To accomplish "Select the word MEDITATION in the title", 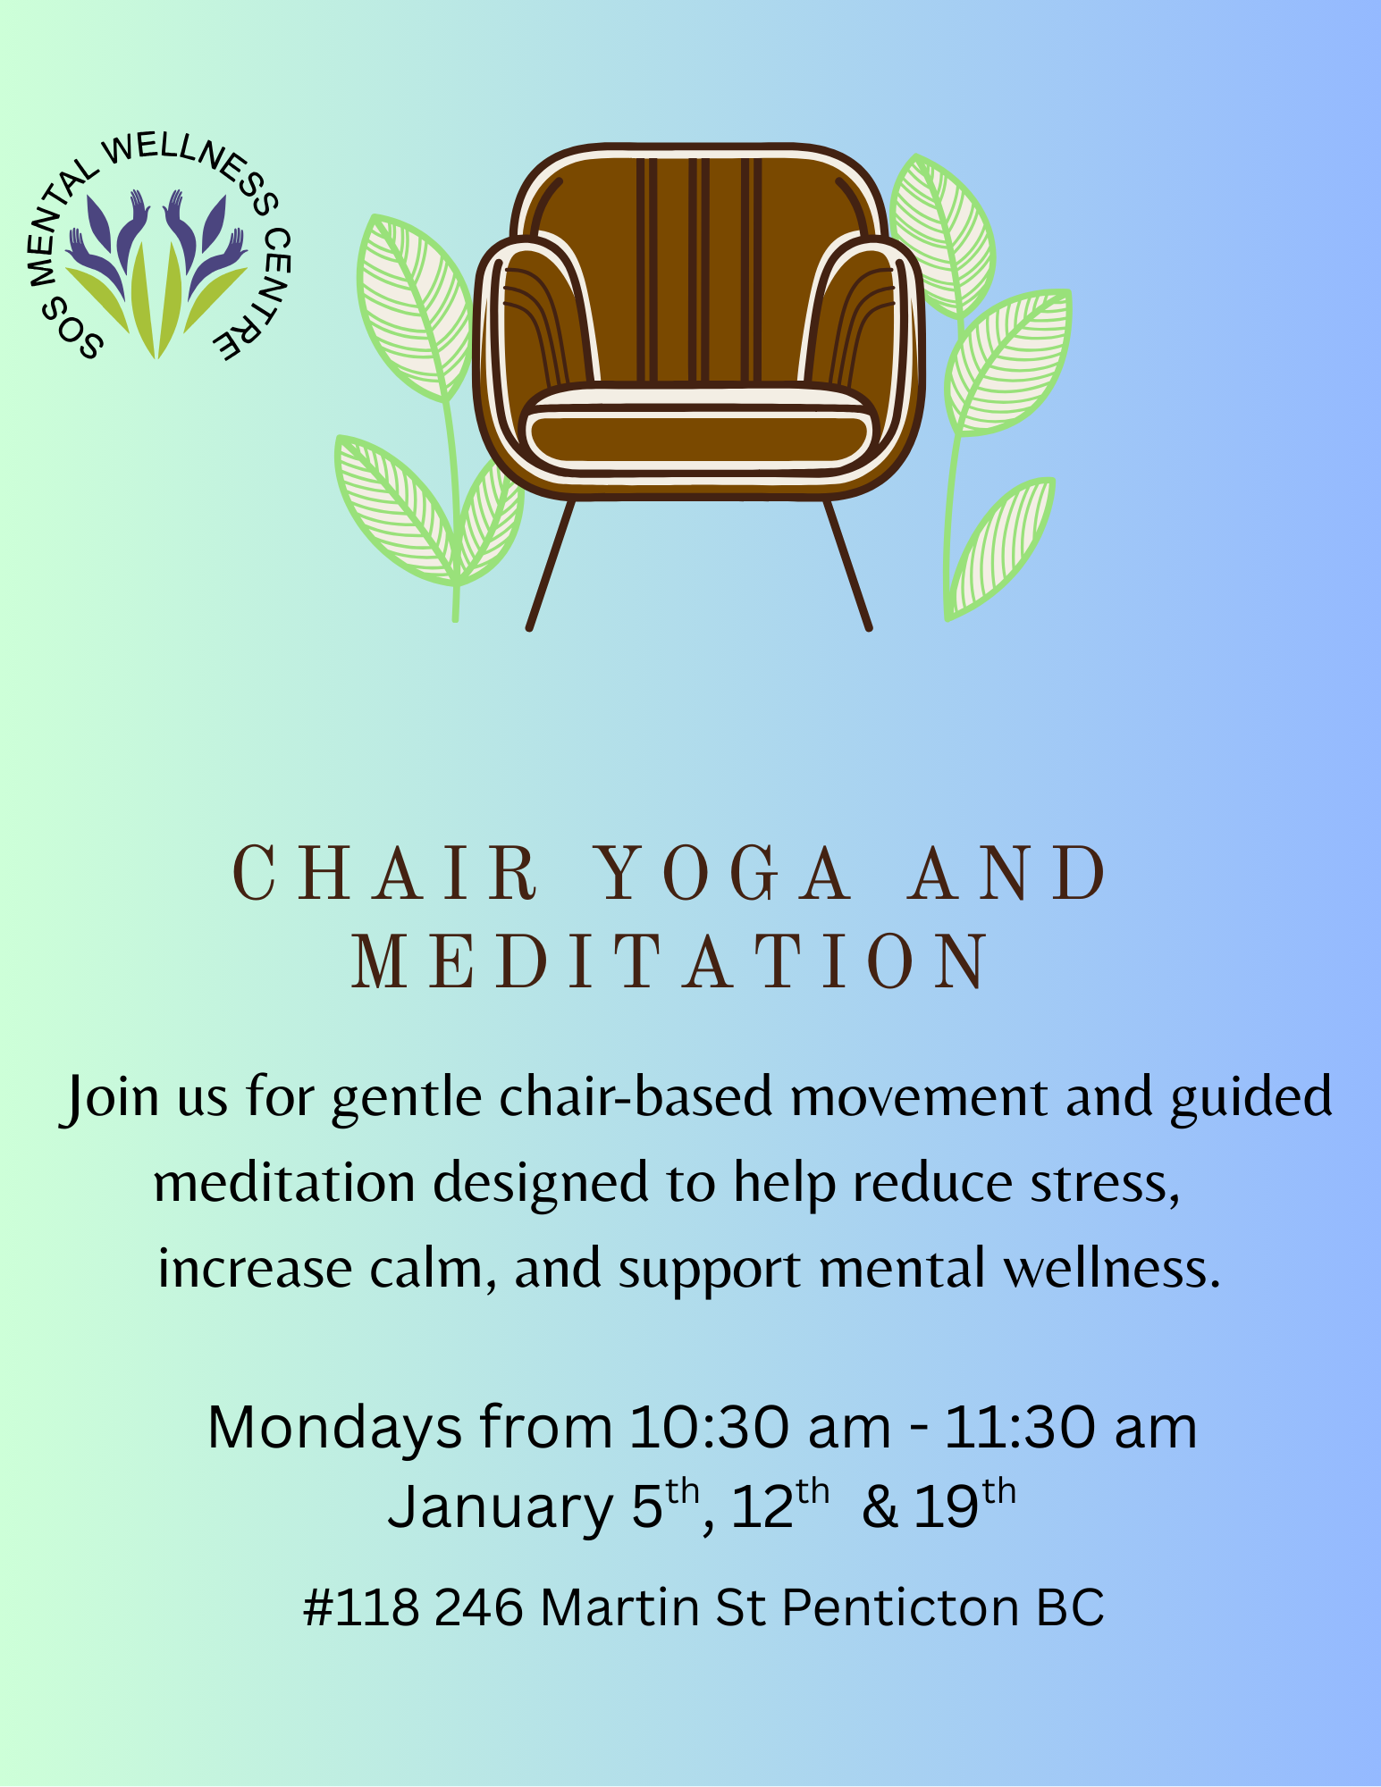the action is coord(671,961).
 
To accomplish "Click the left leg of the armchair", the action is coord(550,564).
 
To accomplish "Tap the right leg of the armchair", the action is coord(846,564).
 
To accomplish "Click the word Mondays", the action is coord(335,1428).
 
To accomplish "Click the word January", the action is coord(500,1508).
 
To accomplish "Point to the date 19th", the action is coord(965,1505).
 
